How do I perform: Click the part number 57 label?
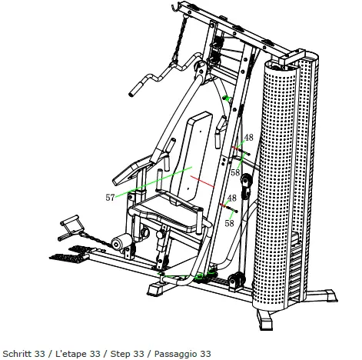[x=110, y=198]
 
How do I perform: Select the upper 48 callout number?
[x=248, y=138]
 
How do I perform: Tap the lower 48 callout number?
[x=231, y=198]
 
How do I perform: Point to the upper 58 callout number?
[x=235, y=173]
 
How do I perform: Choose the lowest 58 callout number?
[x=229, y=223]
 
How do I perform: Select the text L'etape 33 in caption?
[x=81, y=353]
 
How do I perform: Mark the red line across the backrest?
[x=201, y=181]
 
